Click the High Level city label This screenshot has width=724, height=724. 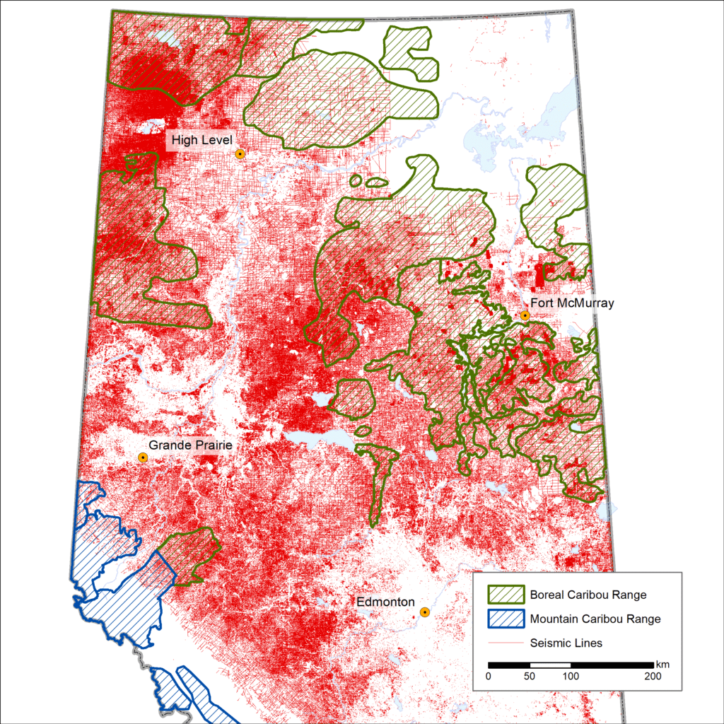201,140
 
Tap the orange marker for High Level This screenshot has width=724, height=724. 240,153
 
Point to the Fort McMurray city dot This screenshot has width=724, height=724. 525,315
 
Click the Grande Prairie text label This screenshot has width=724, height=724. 189,445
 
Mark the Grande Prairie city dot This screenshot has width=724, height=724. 143,457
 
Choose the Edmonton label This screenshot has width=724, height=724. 385,602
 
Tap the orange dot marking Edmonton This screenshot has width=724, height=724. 424,612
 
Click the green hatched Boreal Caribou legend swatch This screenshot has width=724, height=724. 505,595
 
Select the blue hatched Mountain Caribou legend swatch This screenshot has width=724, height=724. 505,619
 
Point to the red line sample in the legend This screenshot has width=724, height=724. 505,643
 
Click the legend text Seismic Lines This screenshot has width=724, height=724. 566,643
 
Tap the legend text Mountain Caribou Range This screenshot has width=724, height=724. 595,619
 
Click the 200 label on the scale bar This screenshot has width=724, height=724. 653,677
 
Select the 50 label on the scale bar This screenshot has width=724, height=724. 530,677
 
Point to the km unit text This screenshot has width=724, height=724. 662,665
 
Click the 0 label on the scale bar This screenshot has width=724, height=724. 489,677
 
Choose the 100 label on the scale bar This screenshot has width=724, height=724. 571,677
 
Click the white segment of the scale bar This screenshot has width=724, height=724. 550,665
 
